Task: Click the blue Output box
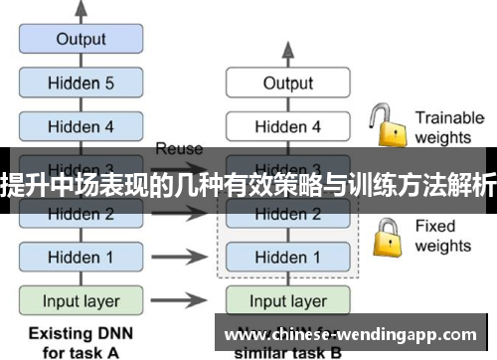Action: (82, 40)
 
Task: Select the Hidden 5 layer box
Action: (82, 84)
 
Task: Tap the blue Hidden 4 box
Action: (82, 126)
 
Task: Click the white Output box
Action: (287, 84)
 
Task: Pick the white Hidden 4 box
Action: (287, 126)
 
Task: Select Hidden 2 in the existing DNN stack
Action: (82, 214)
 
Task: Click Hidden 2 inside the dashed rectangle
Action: (287, 214)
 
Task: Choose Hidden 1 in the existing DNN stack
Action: (82, 257)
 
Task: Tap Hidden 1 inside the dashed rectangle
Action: (287, 257)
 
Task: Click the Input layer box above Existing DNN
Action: (82, 300)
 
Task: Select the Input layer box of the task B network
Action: (287, 300)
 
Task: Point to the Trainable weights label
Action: (448, 126)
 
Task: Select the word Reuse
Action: (179, 149)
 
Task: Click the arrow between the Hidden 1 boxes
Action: (183, 258)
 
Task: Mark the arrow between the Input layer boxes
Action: (183, 300)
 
